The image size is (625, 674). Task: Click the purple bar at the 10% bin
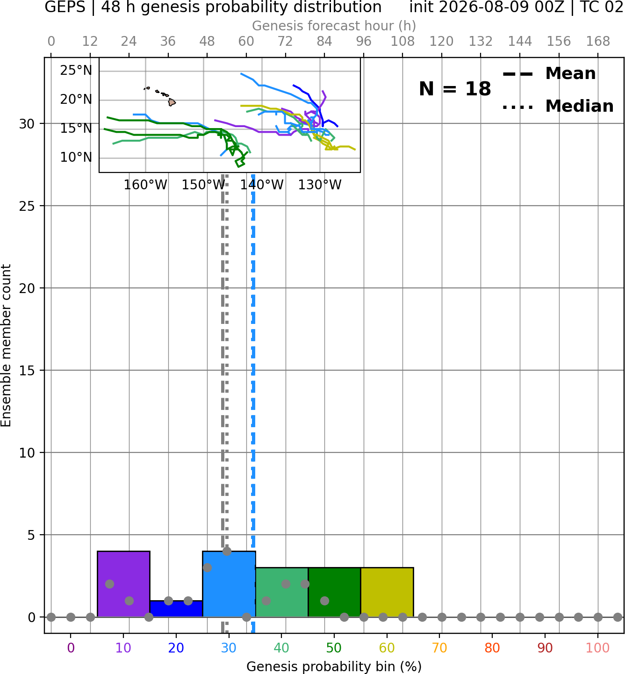[123, 584]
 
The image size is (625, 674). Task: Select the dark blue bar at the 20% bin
[176, 609]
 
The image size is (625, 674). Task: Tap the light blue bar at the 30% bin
[229, 584]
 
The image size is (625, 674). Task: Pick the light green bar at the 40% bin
[282, 592]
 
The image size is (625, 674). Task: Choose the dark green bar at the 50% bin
[334, 592]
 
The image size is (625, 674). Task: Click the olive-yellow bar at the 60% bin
[387, 592]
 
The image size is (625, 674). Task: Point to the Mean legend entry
[549, 74]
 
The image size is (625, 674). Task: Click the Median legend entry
[558, 107]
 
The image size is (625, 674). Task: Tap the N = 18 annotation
[455, 89]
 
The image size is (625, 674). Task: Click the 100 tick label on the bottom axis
[598, 648]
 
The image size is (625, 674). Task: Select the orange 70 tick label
[439, 648]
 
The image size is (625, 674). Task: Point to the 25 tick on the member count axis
[27, 206]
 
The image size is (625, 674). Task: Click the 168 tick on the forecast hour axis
[598, 42]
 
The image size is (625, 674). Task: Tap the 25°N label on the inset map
[76, 71]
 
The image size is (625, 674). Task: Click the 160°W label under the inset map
[145, 185]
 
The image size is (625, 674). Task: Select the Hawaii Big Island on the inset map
[172, 102]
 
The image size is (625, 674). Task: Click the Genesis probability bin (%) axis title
[334, 666]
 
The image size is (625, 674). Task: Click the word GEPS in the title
[65, 7]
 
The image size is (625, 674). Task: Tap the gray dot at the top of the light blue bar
[227, 551]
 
